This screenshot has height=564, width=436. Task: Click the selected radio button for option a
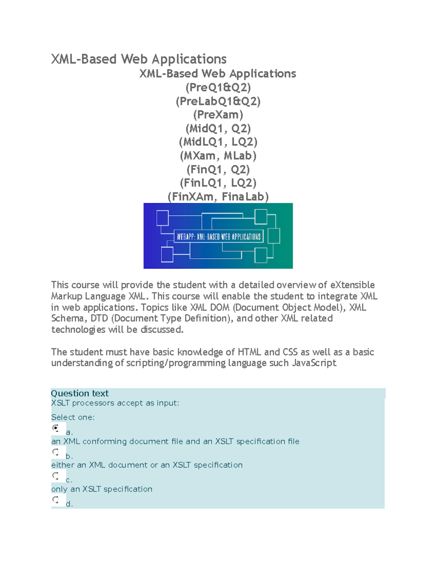(x=56, y=428)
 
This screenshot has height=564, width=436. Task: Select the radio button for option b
(x=56, y=452)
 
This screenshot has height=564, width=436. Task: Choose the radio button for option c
(x=56, y=475)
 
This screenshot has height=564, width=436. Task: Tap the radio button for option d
(x=56, y=499)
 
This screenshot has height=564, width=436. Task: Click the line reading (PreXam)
(x=218, y=115)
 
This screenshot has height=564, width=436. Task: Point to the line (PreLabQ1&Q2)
(x=218, y=101)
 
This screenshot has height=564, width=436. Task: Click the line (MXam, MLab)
(x=218, y=156)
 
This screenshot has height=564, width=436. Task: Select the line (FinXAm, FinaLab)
(x=218, y=196)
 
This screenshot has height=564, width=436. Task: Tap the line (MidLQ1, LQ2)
(x=218, y=142)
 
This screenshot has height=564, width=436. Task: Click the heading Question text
(x=80, y=393)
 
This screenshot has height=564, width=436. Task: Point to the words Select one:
(x=73, y=417)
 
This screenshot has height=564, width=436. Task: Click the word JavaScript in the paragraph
(x=314, y=363)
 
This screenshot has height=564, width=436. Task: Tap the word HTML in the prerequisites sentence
(x=250, y=352)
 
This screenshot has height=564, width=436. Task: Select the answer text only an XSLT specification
(x=102, y=489)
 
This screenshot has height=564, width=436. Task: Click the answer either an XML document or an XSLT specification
(x=147, y=465)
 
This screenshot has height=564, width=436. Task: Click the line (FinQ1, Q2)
(x=218, y=169)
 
